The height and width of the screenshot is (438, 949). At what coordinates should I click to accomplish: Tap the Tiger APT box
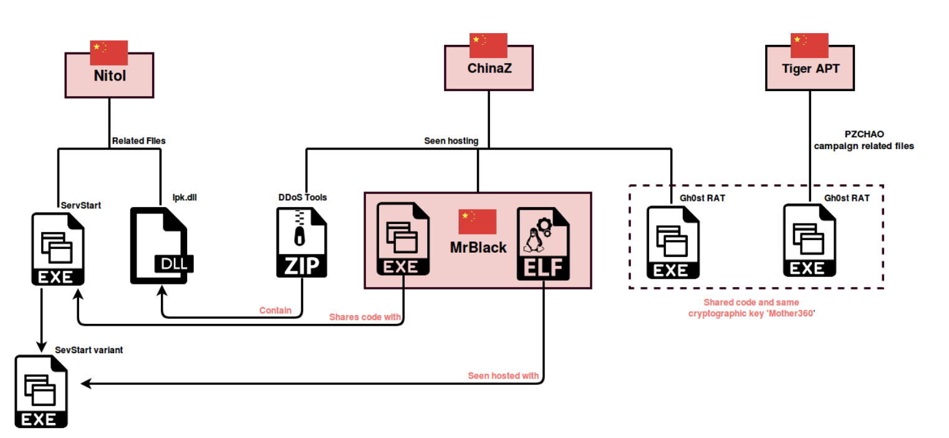tap(810, 69)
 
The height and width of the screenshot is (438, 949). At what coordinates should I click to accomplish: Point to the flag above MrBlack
tap(477, 222)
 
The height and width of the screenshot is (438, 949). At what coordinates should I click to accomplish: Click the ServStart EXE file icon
tap(58, 249)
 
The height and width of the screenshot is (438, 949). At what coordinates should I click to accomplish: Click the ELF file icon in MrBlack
tap(543, 243)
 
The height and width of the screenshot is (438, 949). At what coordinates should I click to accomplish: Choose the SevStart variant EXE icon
tap(41, 391)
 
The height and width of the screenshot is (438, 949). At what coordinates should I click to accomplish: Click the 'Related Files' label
tap(138, 141)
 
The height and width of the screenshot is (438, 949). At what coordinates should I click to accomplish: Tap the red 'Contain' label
tap(276, 310)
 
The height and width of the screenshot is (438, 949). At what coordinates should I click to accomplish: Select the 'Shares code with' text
tap(365, 317)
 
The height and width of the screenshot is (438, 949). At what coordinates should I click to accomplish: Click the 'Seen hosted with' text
tap(503, 376)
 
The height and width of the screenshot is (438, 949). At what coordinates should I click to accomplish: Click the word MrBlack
tap(478, 248)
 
